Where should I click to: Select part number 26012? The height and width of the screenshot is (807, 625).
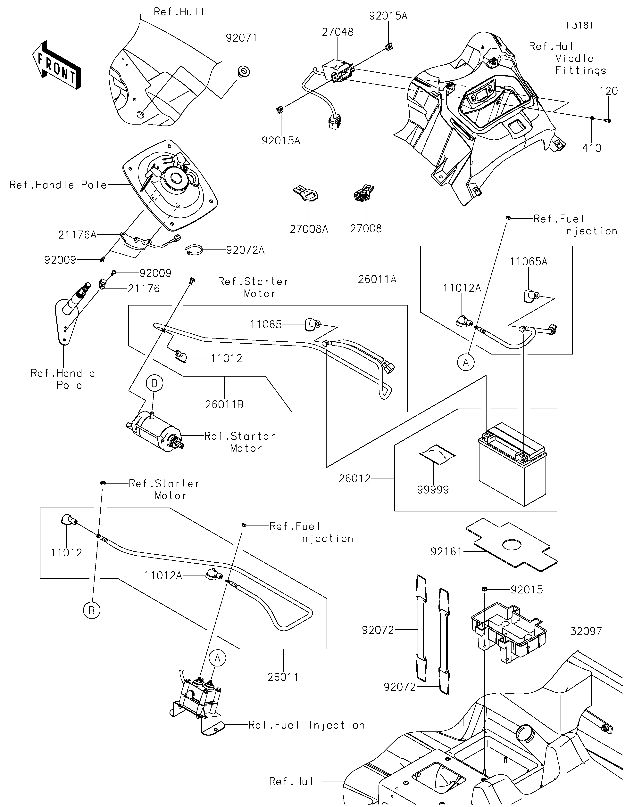(354, 478)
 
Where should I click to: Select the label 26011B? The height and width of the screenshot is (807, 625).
(224, 405)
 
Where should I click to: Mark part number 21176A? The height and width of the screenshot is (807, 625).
(77, 235)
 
